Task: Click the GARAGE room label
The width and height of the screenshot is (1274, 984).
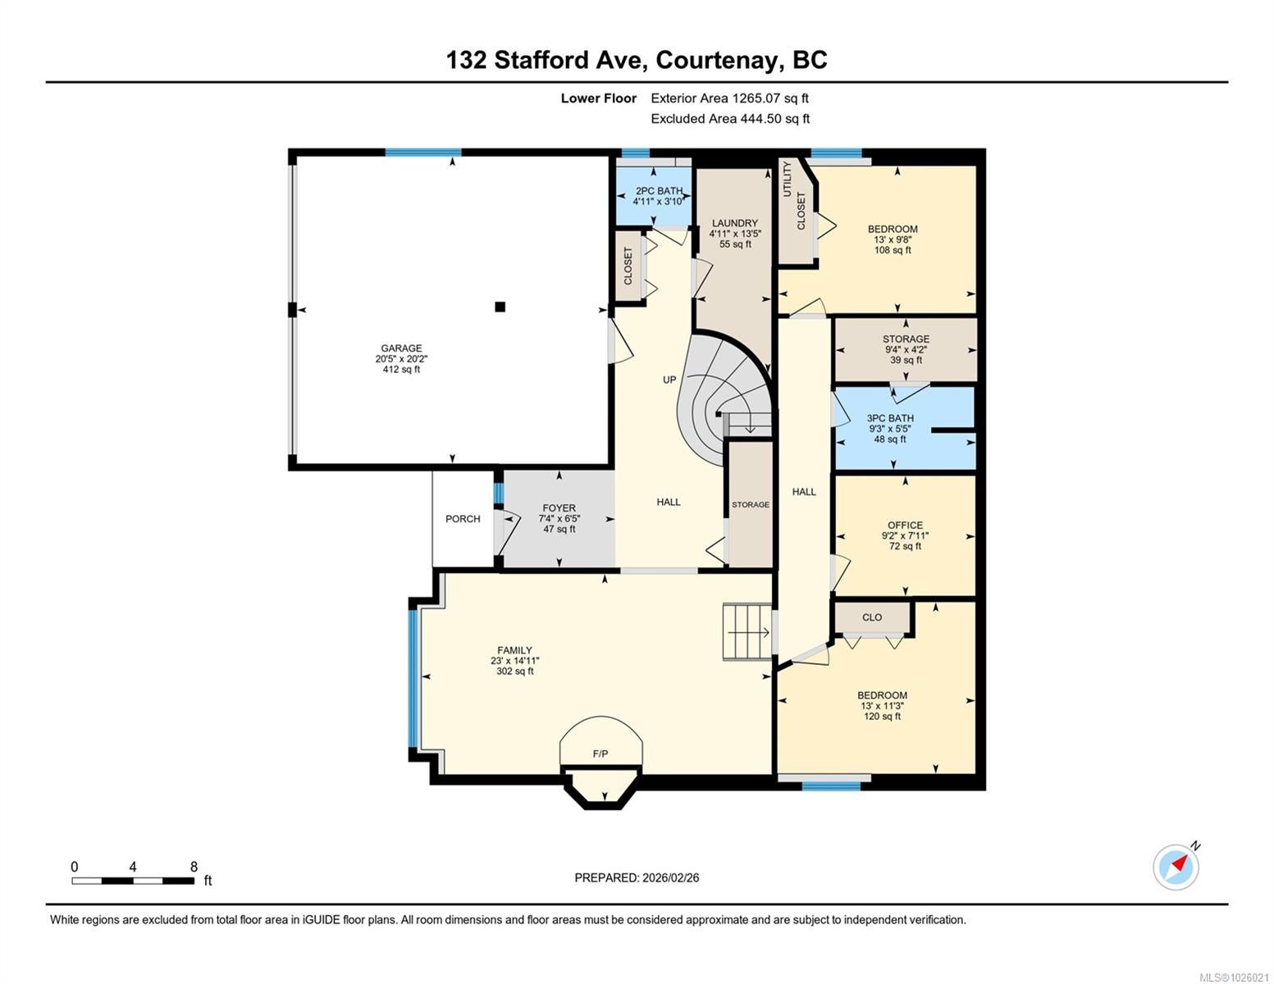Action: tap(401, 348)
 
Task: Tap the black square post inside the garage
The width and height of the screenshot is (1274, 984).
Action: tap(500, 307)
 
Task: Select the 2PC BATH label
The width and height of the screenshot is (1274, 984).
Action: tap(659, 191)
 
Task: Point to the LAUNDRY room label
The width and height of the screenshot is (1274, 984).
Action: tap(734, 223)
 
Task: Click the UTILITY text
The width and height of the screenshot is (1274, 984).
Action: tap(788, 180)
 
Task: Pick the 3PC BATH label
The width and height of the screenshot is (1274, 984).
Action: tap(890, 418)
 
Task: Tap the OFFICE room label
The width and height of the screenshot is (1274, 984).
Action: tap(905, 525)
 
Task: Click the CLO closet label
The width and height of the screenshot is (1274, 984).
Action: tap(872, 617)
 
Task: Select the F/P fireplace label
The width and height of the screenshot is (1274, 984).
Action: tap(600, 754)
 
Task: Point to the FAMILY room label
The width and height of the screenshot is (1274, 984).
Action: tap(514, 650)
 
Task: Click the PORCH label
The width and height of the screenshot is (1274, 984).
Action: tap(463, 519)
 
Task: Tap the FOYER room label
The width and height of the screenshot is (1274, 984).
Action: tap(559, 508)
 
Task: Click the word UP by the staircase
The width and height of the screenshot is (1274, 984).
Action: tap(669, 380)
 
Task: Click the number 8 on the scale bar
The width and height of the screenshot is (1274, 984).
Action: tap(194, 866)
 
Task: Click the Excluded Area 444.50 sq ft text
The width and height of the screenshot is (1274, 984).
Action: tap(730, 118)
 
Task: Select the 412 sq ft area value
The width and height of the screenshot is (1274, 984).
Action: tap(401, 369)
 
